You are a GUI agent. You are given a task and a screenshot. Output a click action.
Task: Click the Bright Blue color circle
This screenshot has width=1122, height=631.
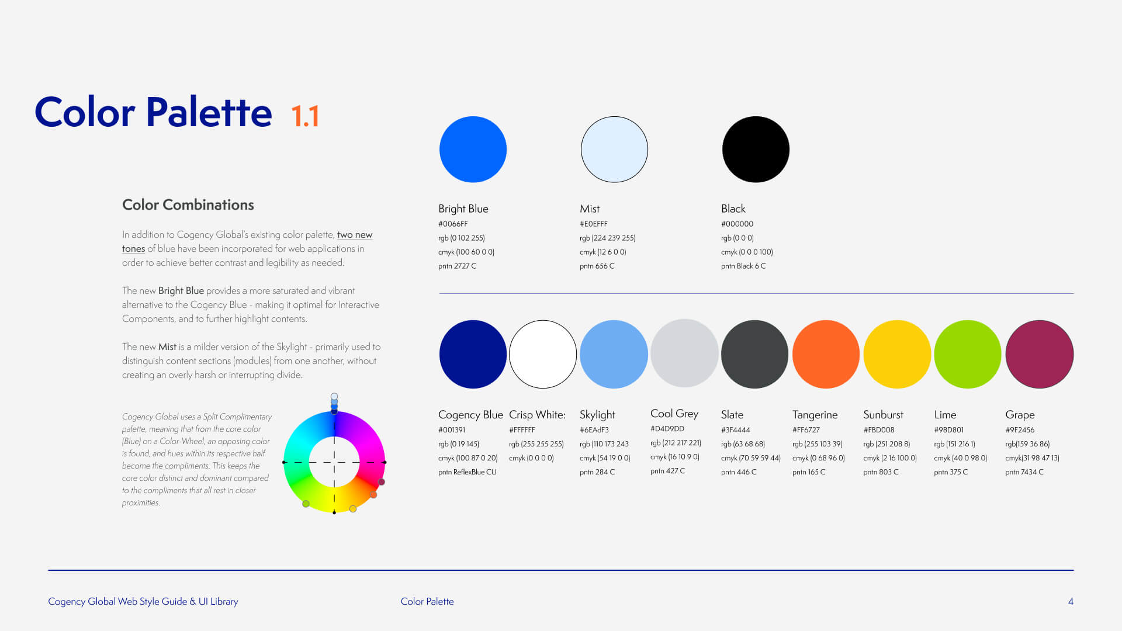(x=473, y=150)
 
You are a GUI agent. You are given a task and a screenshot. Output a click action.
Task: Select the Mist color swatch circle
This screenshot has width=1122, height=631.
(x=614, y=150)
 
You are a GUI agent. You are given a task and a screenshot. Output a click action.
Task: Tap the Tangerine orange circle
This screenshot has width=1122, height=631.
(x=826, y=354)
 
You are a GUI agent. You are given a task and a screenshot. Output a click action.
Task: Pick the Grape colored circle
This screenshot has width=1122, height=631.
(x=1039, y=354)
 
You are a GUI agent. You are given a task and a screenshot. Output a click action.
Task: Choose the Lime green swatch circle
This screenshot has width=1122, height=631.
(x=968, y=354)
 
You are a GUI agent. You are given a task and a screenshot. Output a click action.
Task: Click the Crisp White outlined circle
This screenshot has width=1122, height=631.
(x=543, y=354)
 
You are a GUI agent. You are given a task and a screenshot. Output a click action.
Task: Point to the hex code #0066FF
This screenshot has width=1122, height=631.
(x=453, y=224)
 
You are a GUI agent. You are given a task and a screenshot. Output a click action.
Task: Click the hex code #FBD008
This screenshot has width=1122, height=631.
(x=879, y=430)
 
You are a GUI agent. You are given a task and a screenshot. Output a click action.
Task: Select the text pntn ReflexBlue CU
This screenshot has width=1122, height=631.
(x=467, y=472)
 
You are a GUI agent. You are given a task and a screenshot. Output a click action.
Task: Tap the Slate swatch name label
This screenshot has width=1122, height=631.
(x=732, y=415)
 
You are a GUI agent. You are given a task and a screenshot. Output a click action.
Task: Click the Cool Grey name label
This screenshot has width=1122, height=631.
(x=674, y=414)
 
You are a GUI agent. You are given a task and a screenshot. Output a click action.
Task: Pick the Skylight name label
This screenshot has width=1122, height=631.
(x=597, y=415)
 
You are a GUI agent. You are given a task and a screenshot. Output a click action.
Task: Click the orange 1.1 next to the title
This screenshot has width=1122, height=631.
(x=305, y=116)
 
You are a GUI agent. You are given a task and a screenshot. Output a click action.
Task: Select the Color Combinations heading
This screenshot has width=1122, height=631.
(x=188, y=205)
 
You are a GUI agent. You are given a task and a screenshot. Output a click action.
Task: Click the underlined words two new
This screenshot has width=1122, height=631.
(x=355, y=235)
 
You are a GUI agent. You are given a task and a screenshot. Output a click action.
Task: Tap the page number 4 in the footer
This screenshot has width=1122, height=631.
(x=1071, y=602)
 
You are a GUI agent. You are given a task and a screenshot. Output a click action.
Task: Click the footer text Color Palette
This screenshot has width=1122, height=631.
(x=427, y=602)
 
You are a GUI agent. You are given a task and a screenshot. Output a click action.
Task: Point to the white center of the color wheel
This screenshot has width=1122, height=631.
(x=334, y=462)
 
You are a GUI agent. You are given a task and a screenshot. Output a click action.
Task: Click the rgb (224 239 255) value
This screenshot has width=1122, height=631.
(x=608, y=238)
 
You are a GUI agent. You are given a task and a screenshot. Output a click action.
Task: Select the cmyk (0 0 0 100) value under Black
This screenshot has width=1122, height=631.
(x=747, y=252)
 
